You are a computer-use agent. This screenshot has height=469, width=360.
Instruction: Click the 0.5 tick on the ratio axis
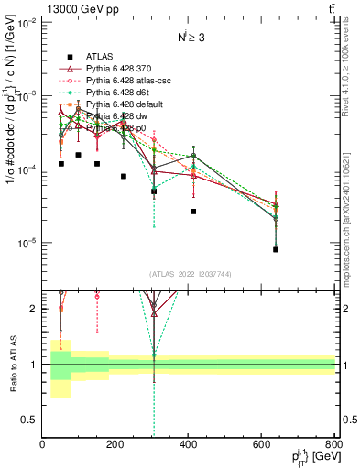(x=30, y=420)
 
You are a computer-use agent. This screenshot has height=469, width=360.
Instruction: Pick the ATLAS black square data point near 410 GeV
(x=193, y=211)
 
